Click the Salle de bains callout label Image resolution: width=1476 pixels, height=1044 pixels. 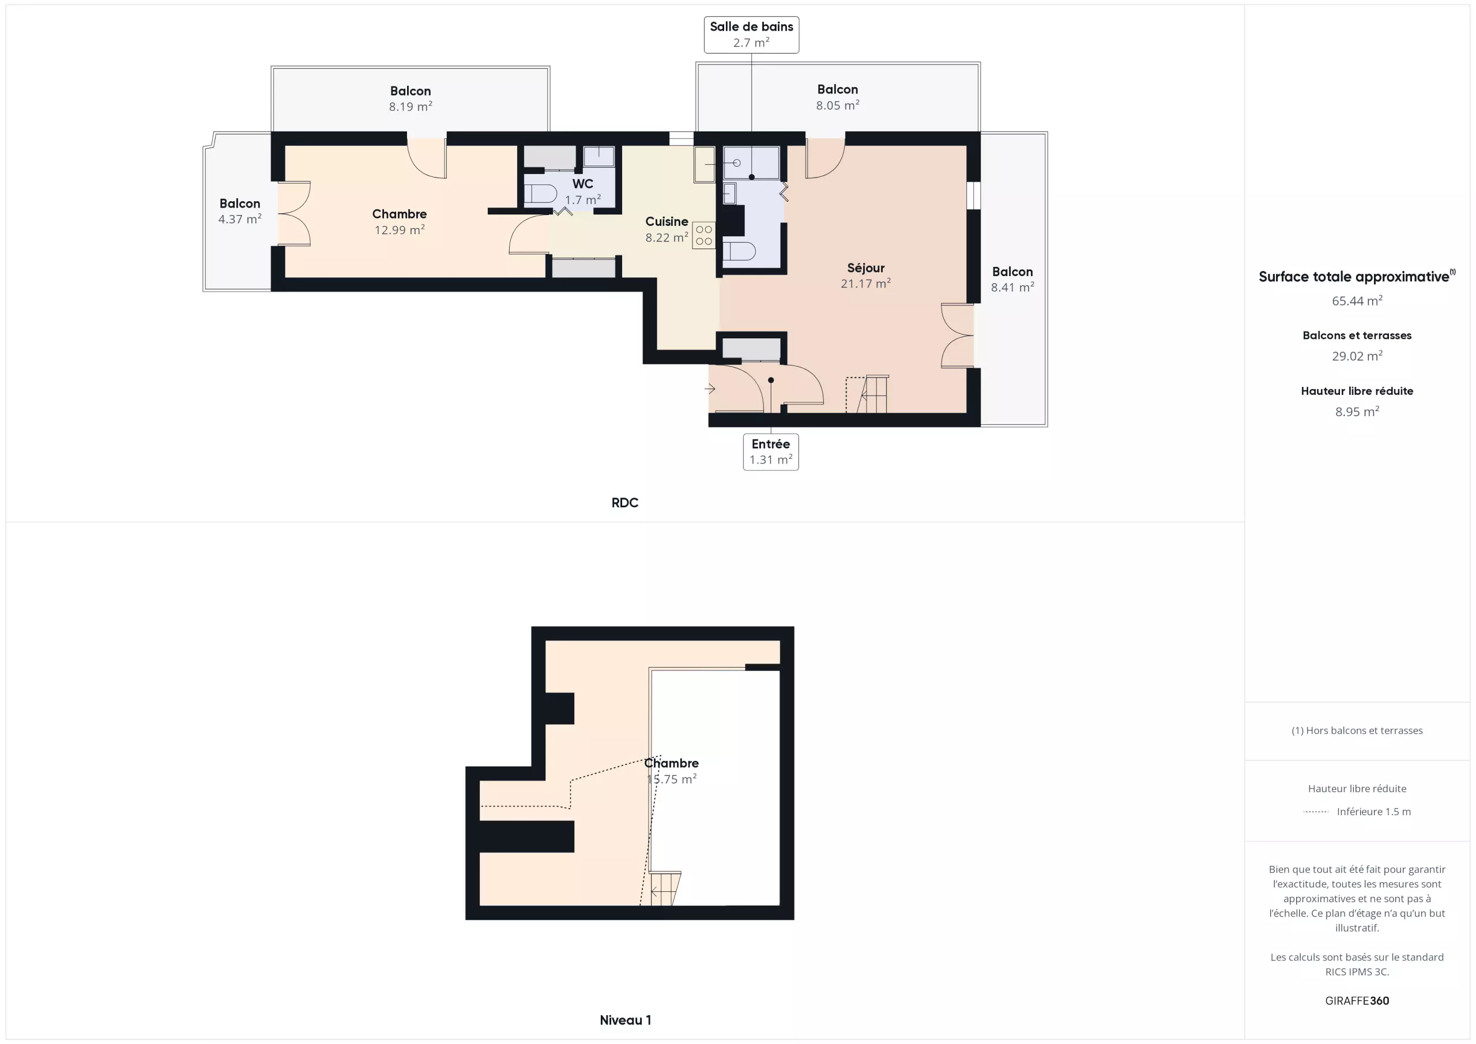point(751,35)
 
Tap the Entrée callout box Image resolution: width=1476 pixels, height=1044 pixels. point(771,452)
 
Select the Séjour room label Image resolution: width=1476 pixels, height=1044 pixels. point(865,275)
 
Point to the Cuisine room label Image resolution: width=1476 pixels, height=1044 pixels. point(667,229)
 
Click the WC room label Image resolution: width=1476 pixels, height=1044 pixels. point(582,191)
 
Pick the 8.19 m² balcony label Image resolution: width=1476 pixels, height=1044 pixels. point(410,99)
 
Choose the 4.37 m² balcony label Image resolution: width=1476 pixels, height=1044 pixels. point(240,211)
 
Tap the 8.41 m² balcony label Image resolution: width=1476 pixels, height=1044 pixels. point(1012,279)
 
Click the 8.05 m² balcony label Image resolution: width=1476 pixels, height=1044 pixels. point(837,96)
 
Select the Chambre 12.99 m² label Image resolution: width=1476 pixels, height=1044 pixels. point(399,221)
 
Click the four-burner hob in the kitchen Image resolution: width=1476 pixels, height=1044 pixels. point(704,235)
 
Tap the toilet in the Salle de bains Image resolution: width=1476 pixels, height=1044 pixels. point(739,251)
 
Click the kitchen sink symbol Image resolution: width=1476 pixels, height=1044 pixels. point(705,164)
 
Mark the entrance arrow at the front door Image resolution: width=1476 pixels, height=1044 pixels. point(710,389)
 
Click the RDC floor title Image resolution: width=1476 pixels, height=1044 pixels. point(625,503)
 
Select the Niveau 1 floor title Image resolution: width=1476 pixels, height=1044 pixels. point(625,1020)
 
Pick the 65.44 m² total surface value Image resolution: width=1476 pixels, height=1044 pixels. point(1357,300)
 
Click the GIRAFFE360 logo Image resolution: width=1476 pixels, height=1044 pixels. point(1357,1000)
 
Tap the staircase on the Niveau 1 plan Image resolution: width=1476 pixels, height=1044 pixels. point(665,888)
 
